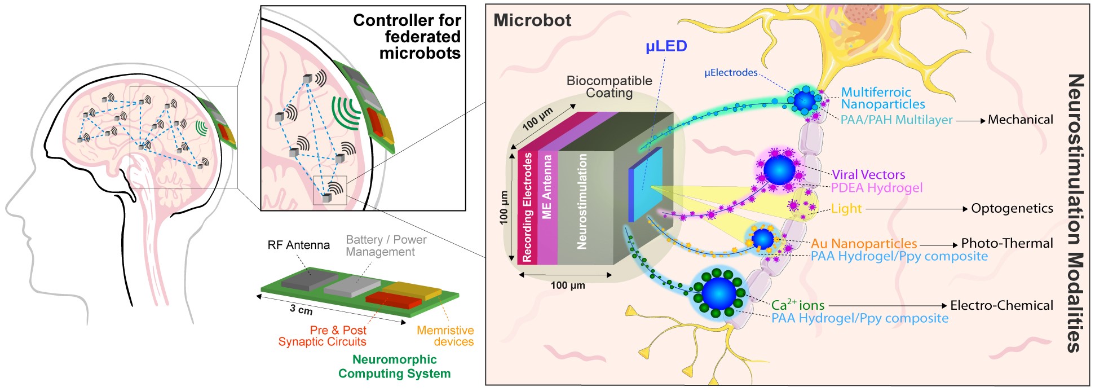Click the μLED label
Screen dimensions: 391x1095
666,46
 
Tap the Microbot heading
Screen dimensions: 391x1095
532,20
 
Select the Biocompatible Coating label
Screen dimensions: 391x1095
609,87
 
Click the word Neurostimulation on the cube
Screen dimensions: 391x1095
582,201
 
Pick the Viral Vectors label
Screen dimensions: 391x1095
868,174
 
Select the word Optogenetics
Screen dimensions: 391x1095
1012,208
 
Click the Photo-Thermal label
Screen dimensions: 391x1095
1006,243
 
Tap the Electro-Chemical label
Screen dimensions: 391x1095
1001,305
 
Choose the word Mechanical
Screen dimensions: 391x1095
1020,120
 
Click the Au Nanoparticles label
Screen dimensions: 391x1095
864,244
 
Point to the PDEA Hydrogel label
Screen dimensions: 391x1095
877,188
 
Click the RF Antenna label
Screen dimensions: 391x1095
298,245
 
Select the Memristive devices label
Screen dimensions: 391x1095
445,336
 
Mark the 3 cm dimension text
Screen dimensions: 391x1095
301,310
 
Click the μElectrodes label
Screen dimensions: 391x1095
731,73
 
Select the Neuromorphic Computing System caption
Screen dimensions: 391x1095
394,366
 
